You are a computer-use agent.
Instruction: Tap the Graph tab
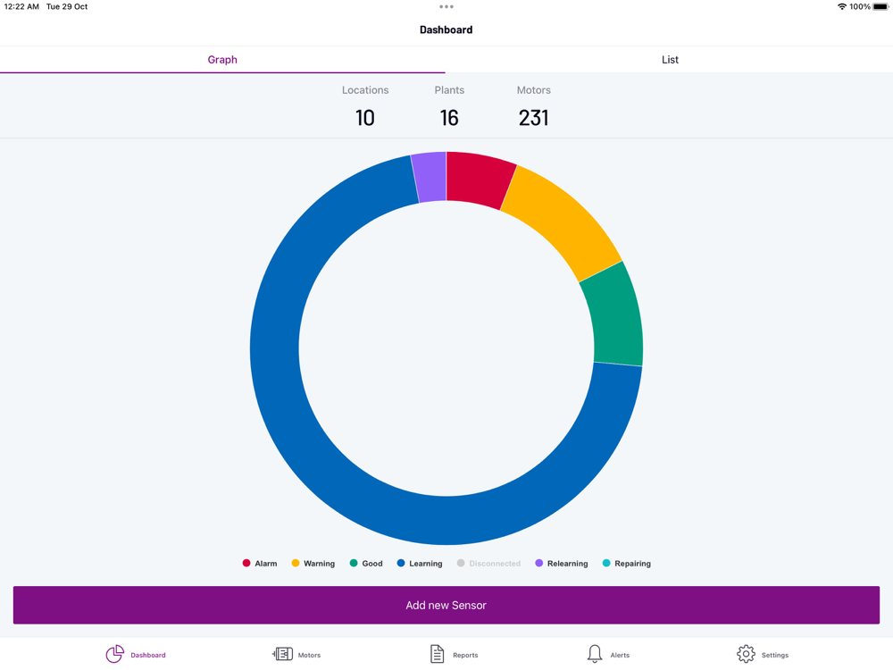coord(222,60)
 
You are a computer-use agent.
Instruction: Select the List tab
coord(670,60)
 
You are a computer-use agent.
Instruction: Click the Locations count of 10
coord(365,117)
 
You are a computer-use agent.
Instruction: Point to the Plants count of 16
coord(449,117)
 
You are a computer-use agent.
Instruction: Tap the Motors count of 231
coord(533,117)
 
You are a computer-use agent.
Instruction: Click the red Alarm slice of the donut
coord(479,180)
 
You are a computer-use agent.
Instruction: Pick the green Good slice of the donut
coord(613,314)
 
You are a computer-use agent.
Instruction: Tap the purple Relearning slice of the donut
coord(430,177)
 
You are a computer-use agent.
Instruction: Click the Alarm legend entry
coord(260,564)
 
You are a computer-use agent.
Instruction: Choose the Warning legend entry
coord(313,564)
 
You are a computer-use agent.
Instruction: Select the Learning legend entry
coord(420,564)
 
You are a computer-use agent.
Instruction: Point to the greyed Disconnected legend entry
coord(488,564)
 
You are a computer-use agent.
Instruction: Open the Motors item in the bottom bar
coord(296,655)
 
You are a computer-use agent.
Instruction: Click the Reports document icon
coord(437,654)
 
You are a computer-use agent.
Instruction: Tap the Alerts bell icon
coord(595,654)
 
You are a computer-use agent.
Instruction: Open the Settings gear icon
coord(746,654)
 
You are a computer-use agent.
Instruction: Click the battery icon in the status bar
coord(880,7)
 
